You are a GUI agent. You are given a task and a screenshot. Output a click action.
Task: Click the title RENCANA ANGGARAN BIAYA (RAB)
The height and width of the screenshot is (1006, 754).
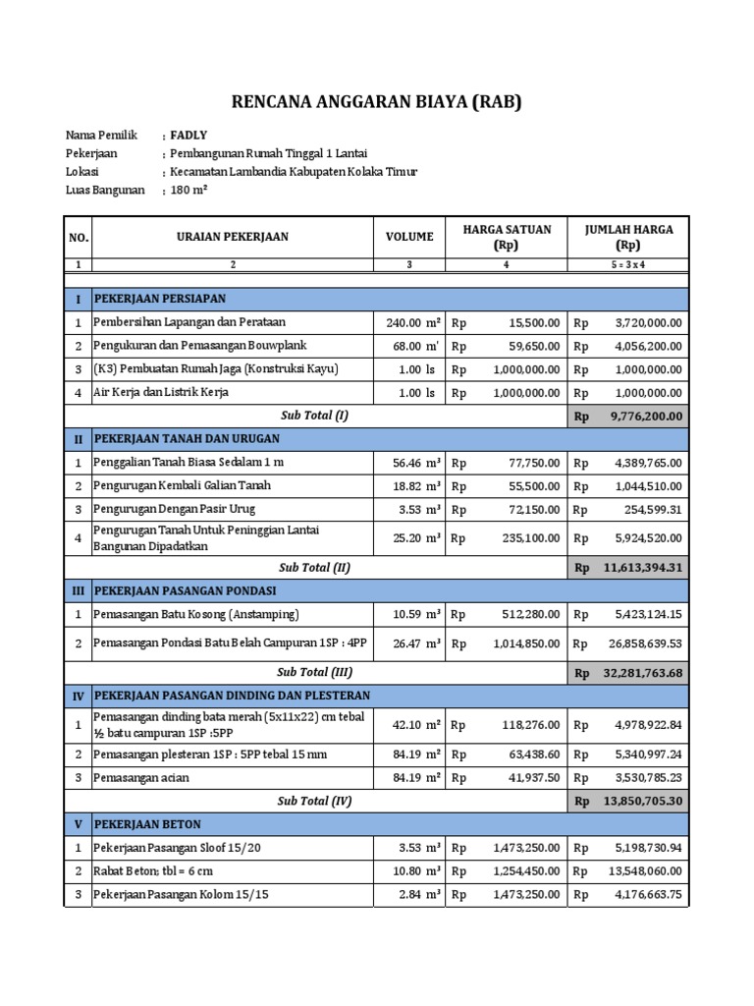(x=376, y=101)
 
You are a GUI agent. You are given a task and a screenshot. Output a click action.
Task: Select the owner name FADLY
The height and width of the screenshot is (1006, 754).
(x=188, y=136)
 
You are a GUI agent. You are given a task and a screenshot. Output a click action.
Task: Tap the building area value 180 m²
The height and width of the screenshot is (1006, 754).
(x=189, y=191)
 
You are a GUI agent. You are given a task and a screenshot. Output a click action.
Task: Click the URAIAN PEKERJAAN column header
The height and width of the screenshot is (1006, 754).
(x=233, y=237)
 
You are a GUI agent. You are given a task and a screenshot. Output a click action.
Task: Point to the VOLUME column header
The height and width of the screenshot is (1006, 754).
(x=409, y=237)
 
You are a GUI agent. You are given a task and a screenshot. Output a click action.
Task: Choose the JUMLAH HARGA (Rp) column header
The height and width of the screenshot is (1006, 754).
(x=628, y=237)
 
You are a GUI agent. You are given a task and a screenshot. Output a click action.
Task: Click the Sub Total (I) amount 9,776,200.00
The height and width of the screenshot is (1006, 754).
(x=645, y=417)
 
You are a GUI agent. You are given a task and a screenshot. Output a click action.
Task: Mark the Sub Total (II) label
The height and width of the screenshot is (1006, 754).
(x=314, y=567)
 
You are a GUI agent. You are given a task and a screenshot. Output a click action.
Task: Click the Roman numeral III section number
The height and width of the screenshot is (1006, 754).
(x=78, y=590)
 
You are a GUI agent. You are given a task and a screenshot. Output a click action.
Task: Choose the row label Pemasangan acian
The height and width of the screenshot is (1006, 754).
(x=141, y=778)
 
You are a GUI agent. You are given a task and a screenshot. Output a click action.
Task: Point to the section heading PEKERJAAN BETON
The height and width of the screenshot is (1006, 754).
(x=147, y=823)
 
